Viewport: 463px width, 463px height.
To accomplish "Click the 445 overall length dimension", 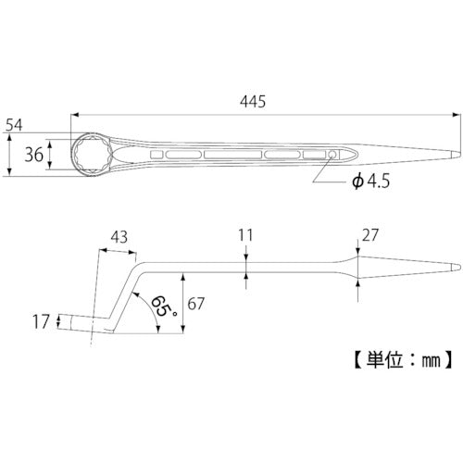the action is coord(253,102).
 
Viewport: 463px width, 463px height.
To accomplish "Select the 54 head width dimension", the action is coord(14,125).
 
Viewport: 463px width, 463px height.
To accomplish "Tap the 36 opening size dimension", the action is coord(34,155).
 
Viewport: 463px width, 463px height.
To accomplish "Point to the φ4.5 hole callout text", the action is coord(370,181).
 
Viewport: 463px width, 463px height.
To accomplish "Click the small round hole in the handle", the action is coord(332,155).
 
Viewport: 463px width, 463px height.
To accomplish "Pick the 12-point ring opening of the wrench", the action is coord(93,155).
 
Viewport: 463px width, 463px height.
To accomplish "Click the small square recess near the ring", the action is coord(156,155).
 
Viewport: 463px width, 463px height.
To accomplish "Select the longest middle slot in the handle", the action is coord(233,155).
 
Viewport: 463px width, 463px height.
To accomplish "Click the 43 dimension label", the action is coord(119,237).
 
